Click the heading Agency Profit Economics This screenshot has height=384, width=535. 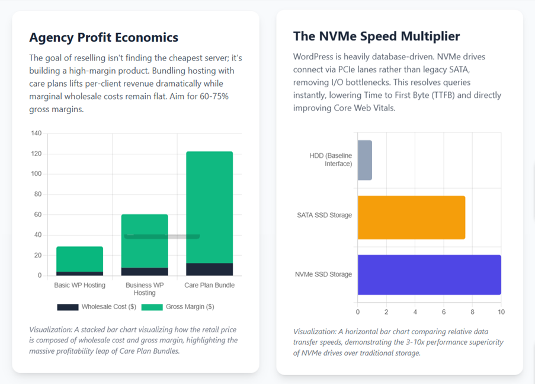[x=104, y=37]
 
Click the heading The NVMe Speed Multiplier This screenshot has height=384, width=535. [x=376, y=36]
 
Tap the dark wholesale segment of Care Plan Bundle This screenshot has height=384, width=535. [x=209, y=269]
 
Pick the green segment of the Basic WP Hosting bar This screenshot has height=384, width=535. [x=79, y=259]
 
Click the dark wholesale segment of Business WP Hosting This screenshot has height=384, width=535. [x=145, y=272]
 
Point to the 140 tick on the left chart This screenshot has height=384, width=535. [x=36, y=134]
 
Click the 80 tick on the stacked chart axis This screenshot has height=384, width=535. [x=38, y=195]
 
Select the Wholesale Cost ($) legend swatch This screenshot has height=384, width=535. [x=68, y=307]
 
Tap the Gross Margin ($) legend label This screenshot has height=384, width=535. [x=190, y=307]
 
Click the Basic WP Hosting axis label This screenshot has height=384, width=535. [x=79, y=285]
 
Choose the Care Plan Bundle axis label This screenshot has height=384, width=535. [x=209, y=285]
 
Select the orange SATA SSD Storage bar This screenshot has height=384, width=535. [x=411, y=217]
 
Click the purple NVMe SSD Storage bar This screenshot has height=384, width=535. [x=429, y=275]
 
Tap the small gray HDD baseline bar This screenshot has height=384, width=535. [x=364, y=160]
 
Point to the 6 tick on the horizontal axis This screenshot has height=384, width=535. [x=444, y=312]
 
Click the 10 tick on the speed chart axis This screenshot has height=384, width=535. [x=501, y=312]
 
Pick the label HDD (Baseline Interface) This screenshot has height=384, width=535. [x=331, y=160]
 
